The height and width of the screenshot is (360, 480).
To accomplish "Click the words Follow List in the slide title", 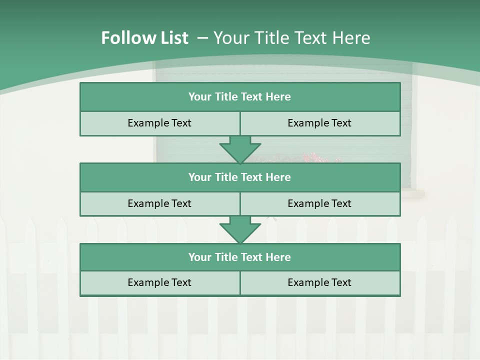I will (144, 38).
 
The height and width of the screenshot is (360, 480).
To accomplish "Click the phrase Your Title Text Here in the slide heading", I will (292, 38).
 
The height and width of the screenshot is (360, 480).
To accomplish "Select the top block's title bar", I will (240, 97).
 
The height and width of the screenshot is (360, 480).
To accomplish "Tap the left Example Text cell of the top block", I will (159, 123).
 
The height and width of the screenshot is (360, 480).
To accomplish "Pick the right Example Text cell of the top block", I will (320, 123).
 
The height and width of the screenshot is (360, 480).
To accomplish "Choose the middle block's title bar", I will (240, 177).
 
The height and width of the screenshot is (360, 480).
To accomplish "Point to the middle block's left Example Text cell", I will (159, 204).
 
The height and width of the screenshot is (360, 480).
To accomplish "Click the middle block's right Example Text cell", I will (320, 204).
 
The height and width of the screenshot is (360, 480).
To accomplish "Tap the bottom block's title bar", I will (240, 257).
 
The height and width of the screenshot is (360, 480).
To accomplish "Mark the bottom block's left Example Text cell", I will (159, 283).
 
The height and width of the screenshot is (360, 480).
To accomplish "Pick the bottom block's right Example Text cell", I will (320, 283).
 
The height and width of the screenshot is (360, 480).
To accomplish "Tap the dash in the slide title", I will (202, 38).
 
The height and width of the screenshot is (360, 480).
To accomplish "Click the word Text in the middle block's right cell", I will (340, 204).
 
